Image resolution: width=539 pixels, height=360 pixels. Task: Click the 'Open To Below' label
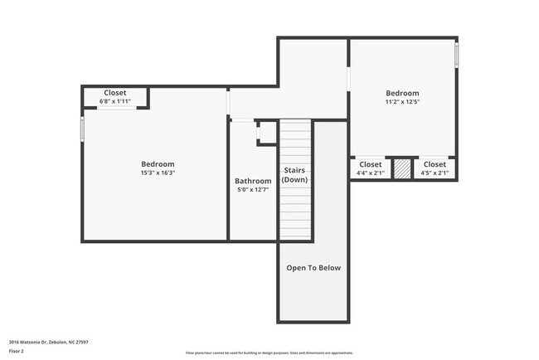pyautogui.click(x=313, y=268)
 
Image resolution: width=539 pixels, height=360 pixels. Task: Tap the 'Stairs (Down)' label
pyautogui.click(x=294, y=175)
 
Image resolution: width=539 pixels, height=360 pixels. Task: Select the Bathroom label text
pyautogui.click(x=253, y=181)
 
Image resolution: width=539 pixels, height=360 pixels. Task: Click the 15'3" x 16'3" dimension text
pyautogui.click(x=158, y=173)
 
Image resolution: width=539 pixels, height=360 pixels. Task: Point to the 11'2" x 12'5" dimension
pyautogui.click(x=402, y=102)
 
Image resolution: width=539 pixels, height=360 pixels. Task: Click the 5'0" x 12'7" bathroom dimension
pyautogui.click(x=253, y=190)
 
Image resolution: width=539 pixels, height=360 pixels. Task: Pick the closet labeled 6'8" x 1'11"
pyautogui.click(x=115, y=97)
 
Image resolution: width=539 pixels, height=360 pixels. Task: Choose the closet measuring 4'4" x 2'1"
pyautogui.click(x=371, y=168)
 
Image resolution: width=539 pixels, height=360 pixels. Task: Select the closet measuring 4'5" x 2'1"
pyautogui.click(x=435, y=168)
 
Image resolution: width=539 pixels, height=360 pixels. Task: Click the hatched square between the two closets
pyautogui.click(x=402, y=168)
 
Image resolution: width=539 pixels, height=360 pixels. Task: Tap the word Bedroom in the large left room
pyautogui.click(x=158, y=164)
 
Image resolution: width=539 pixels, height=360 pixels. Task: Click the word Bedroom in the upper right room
pyautogui.click(x=402, y=93)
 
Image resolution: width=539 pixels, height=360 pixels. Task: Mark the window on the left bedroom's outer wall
pyautogui.click(x=82, y=130)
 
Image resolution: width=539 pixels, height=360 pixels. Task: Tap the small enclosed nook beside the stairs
pyautogui.click(x=267, y=133)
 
